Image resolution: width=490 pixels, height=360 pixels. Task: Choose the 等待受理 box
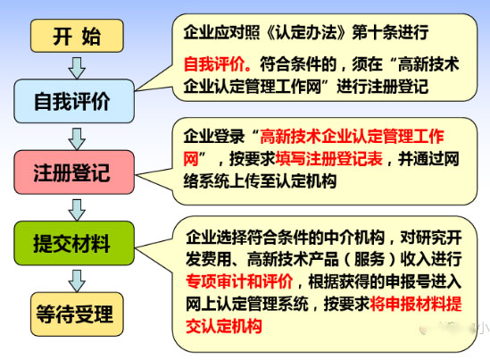[x=77, y=314]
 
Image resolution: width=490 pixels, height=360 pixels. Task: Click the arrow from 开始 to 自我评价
[x=77, y=66]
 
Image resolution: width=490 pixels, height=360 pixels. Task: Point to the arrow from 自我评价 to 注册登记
[x=77, y=137]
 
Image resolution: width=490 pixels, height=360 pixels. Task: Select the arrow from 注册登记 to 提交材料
[x=77, y=208]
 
